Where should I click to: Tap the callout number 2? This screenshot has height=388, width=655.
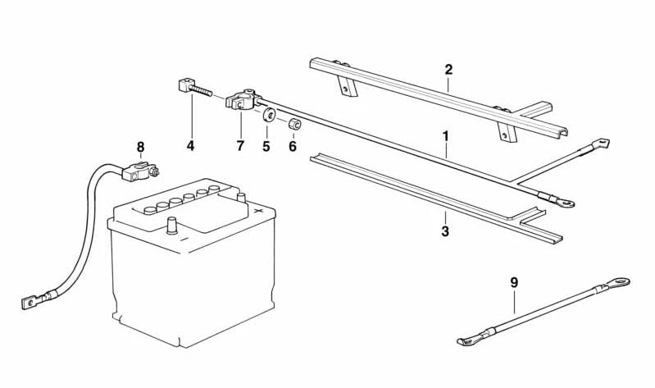pos(448,69)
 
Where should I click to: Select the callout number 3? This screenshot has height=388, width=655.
pos(445,231)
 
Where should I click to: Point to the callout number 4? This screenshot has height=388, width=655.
pos(190,146)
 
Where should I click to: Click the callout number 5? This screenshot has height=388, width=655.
pos(266,146)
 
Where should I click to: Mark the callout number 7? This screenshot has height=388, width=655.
pos(240,146)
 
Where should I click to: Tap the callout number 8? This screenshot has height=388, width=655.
pos(140,147)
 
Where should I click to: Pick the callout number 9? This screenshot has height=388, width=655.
pos(514,283)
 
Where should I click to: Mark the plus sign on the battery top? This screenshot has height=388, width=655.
pos(258,210)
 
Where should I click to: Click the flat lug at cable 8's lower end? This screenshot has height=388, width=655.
pos(30,303)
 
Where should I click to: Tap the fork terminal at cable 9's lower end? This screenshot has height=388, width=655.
pos(468,339)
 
